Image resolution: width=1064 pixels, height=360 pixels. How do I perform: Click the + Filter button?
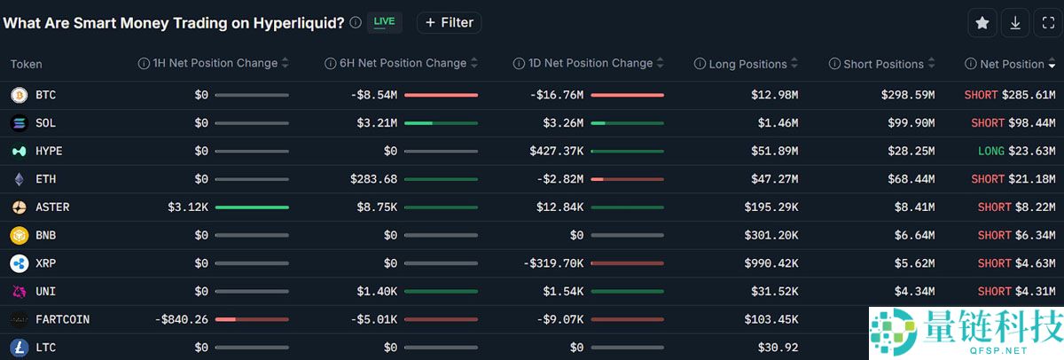coord(449,22)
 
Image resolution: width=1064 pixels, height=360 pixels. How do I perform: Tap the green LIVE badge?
coord(384,21)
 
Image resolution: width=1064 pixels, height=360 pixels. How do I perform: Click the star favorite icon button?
coord(982,23)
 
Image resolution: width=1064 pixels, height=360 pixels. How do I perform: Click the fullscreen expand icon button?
coord(1047,23)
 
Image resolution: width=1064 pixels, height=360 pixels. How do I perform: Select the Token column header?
coord(27,64)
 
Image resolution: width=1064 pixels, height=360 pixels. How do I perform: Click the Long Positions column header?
coord(747,64)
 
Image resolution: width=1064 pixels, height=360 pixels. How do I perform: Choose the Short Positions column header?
coord(883,64)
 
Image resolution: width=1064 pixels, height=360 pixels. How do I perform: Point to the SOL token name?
coord(45,123)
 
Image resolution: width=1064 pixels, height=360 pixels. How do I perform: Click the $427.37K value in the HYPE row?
coord(556,151)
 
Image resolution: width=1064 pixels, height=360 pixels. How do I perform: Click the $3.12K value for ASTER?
coord(187,207)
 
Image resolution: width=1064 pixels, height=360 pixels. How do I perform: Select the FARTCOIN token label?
coord(62,319)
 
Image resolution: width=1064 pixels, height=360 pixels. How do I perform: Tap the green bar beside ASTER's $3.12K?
coord(252,207)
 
